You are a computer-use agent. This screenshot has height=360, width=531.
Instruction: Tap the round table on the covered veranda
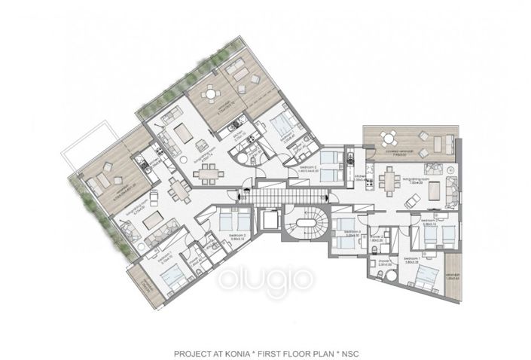(x=388, y=137)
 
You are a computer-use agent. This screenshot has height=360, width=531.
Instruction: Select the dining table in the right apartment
(x=389, y=181)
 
